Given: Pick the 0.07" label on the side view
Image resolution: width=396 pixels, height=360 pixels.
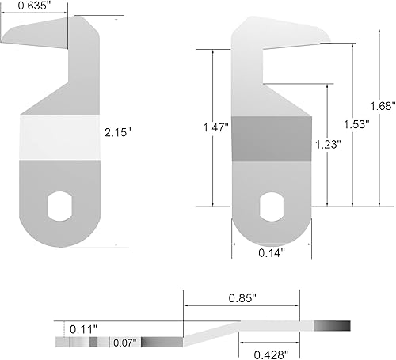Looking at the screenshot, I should coord(124,343).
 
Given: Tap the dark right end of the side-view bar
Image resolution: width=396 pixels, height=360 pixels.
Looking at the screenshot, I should coord(331,326).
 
